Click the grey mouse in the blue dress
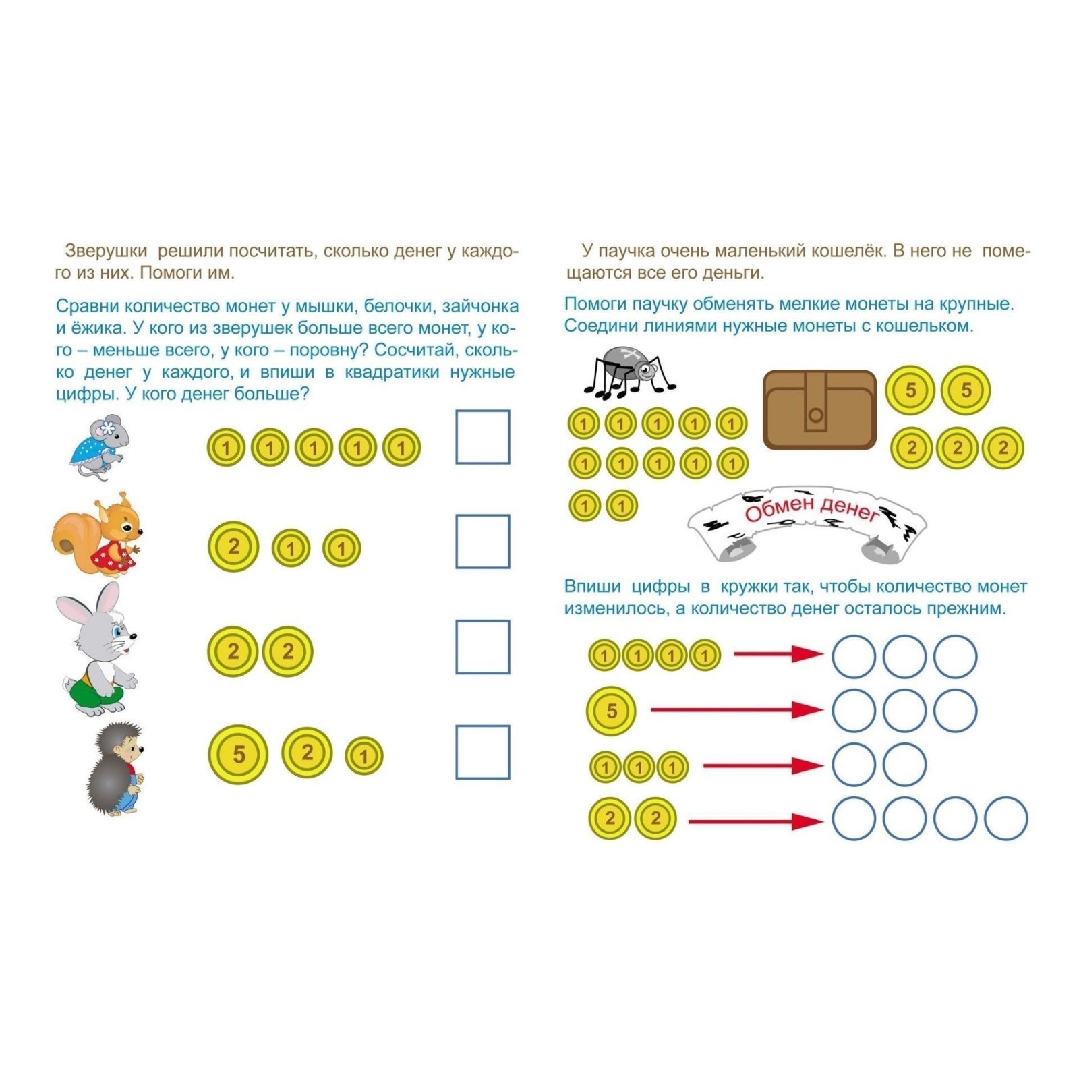pos(98,446)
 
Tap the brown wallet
pos(819,409)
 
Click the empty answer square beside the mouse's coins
pos(483,437)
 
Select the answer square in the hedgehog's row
pos(483,752)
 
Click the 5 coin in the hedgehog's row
pos(238,754)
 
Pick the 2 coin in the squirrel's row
pos(233,546)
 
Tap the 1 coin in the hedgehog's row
pos(364,755)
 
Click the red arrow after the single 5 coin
pos(736,709)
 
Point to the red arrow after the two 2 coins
pos(756,821)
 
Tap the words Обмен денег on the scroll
pos(811,510)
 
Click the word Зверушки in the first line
pos(106,251)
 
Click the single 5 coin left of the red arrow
pos(612,711)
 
